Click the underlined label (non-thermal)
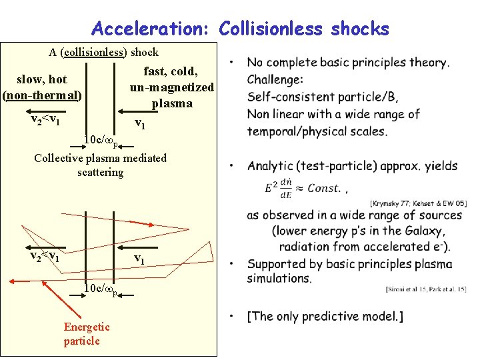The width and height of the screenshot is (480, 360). point(43,95)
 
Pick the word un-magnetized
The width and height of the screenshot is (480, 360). point(172,87)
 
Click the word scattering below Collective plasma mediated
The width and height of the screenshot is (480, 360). point(100,173)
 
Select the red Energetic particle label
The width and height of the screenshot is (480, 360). point(86,333)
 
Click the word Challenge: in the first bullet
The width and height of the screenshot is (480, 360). point(275,80)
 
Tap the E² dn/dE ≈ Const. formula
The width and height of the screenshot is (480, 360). point(303,187)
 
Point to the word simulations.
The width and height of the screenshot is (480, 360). point(279,278)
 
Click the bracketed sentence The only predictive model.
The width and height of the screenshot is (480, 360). point(325,316)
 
